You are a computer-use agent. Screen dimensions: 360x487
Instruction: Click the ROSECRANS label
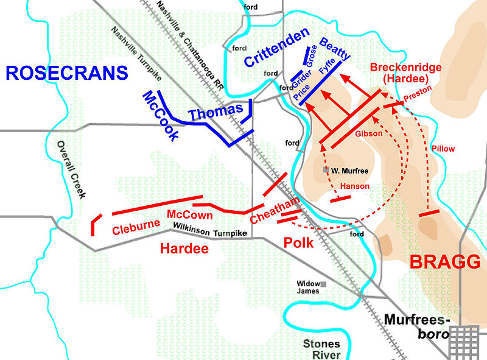tap(66, 73)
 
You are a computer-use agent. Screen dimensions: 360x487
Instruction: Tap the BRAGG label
tap(444, 262)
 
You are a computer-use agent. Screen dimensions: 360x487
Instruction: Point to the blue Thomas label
tap(215, 112)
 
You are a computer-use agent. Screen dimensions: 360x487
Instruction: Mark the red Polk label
tap(298, 242)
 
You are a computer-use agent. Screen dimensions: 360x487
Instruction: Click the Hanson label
tap(355, 186)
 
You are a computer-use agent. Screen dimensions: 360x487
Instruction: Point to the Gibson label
tap(369, 133)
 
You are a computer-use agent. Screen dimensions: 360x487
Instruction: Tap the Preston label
tap(418, 93)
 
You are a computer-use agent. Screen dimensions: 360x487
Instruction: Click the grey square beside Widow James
tap(324, 284)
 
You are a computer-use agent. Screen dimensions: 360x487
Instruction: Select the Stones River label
tap(321, 348)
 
